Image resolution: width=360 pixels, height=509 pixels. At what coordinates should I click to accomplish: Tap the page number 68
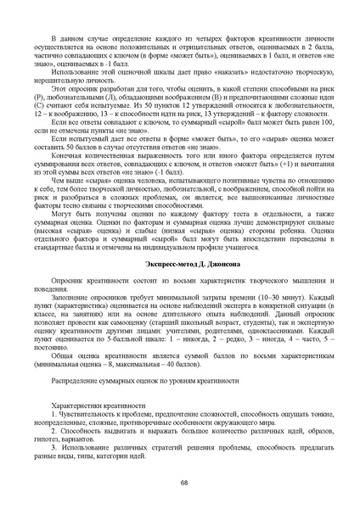183,482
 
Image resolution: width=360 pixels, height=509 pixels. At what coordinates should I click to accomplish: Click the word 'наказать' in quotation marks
205,73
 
